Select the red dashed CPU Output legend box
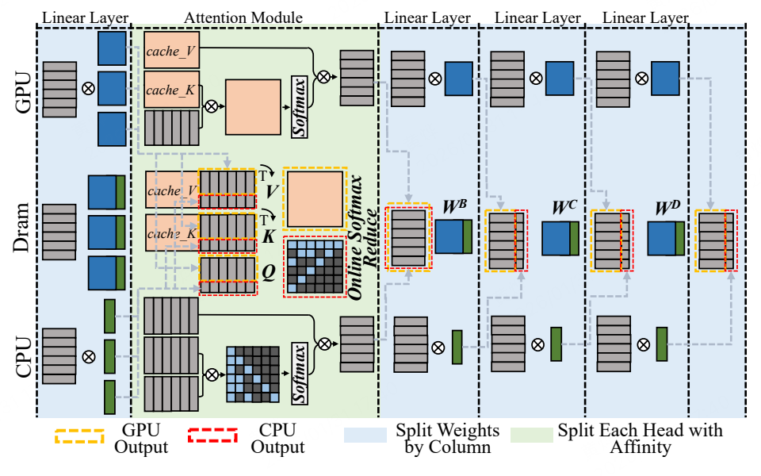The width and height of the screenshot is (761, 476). (x=212, y=436)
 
